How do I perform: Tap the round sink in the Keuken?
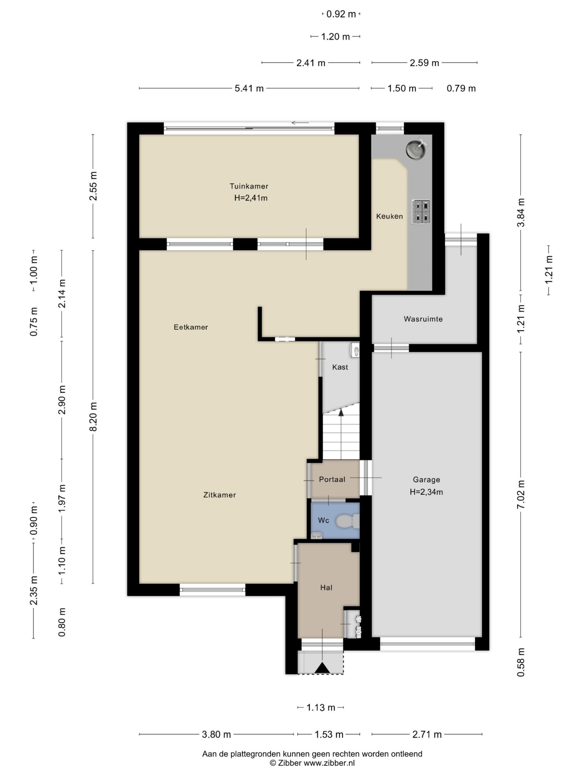tap(417, 149)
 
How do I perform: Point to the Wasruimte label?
tap(423, 319)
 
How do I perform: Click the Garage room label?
tap(426, 480)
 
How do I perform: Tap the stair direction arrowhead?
tap(341, 412)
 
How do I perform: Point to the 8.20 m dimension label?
tap(93, 417)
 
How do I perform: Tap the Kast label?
tap(340, 367)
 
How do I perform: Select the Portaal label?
tap(332, 479)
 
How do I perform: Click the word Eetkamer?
tap(191, 327)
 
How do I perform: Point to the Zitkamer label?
tap(219, 495)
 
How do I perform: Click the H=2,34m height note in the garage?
tap(426, 492)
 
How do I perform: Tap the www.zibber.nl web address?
tap(329, 762)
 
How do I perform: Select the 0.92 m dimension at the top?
tap(341, 14)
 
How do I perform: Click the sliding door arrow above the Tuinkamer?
tap(300, 123)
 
